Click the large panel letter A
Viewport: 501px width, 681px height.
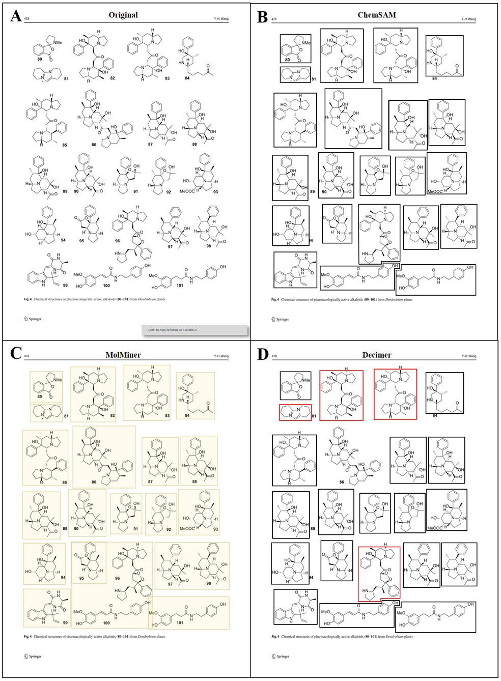coord(16,16)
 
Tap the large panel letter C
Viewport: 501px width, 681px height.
coord(16,353)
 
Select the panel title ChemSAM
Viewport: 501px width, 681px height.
coord(377,15)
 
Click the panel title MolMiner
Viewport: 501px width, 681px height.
coord(123,355)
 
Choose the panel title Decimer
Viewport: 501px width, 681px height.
coord(377,355)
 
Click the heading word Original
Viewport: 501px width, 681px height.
coord(123,15)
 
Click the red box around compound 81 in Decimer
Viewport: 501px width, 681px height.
coord(295,412)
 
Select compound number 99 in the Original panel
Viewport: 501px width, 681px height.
coord(65,286)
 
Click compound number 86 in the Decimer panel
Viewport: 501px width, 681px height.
coord(342,482)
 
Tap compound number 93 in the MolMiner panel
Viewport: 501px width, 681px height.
coord(215,529)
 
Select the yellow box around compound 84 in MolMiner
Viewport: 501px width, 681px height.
coord(195,395)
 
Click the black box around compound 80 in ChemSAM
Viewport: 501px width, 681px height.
coord(295,49)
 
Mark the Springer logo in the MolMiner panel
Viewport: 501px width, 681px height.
coord(33,656)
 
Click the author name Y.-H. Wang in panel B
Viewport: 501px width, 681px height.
coord(468,19)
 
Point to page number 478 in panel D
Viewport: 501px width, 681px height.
coord(274,356)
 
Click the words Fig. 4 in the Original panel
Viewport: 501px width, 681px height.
coord(27,299)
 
